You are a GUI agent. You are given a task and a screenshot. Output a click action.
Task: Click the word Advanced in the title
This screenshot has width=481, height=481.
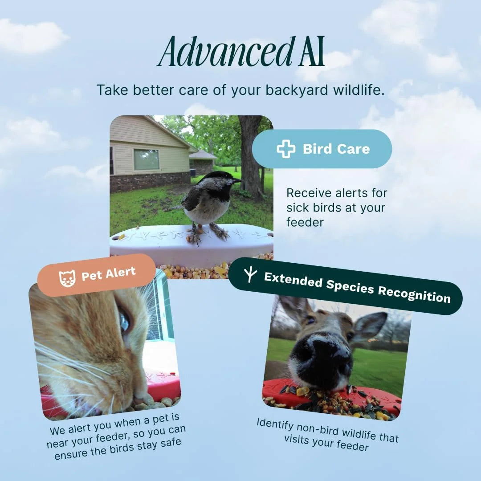click(x=225, y=51)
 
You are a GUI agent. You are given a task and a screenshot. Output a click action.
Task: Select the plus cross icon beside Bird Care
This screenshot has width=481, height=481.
click(x=286, y=149)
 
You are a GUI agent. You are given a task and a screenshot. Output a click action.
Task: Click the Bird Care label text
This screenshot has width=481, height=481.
click(x=336, y=149)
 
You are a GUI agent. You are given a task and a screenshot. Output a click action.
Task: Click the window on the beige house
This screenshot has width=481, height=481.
click(x=147, y=159)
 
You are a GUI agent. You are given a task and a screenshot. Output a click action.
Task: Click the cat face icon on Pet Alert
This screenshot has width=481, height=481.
click(x=67, y=278)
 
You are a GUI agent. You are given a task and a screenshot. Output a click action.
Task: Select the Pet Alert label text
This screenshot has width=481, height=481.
click(x=109, y=273)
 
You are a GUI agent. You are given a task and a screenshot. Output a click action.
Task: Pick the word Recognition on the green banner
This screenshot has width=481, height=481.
click(x=414, y=294)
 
